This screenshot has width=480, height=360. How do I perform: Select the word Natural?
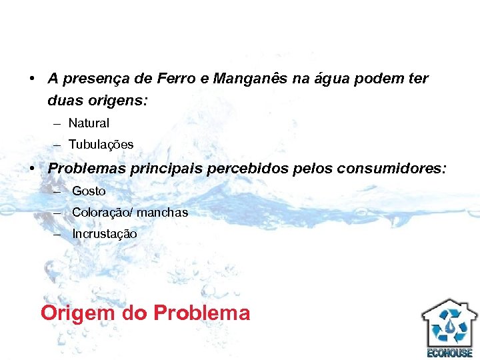[89, 123]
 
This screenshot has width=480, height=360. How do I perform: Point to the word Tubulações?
[101, 145]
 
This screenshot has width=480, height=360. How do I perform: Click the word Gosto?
[89, 191]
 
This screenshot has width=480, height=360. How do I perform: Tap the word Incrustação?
[105, 234]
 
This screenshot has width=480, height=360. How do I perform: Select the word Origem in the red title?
[78, 313]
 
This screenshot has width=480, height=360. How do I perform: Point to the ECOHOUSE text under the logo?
[449, 353]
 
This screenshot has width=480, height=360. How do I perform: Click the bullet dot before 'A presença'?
[33, 79]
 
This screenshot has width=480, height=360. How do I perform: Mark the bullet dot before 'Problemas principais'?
[33, 169]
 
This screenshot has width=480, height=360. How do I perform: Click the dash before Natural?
[55, 124]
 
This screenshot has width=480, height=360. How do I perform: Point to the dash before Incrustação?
[59, 234]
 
